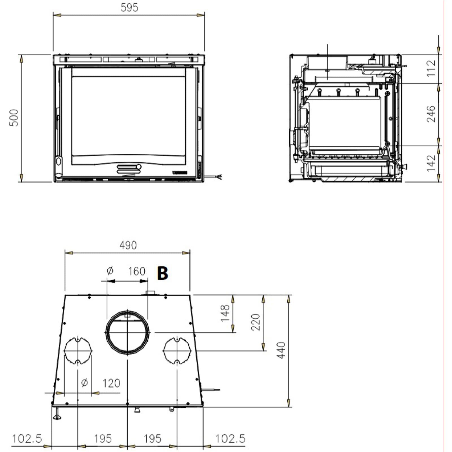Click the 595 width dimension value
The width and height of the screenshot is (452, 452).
(129, 7)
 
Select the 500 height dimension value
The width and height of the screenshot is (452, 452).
(14, 118)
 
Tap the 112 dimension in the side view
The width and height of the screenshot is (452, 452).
(431, 68)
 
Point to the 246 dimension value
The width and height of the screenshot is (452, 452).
(431, 114)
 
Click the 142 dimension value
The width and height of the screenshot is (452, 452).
(431, 163)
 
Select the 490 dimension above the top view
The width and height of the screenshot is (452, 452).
(128, 245)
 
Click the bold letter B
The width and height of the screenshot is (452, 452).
(163, 273)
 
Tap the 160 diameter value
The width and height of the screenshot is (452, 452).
(137, 271)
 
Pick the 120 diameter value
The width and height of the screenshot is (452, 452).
(111, 383)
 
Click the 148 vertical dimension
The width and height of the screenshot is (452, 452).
(225, 313)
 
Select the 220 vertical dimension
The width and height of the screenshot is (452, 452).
(255, 322)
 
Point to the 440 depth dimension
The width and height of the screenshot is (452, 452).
(281, 350)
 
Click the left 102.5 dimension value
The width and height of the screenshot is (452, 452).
(27, 438)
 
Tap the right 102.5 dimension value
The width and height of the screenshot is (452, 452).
(230, 438)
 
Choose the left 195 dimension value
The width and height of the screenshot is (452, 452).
(103, 438)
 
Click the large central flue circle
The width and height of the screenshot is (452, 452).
(127, 332)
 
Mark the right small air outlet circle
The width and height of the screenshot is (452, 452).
(177, 351)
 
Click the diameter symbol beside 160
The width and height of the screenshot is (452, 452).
(110, 271)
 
